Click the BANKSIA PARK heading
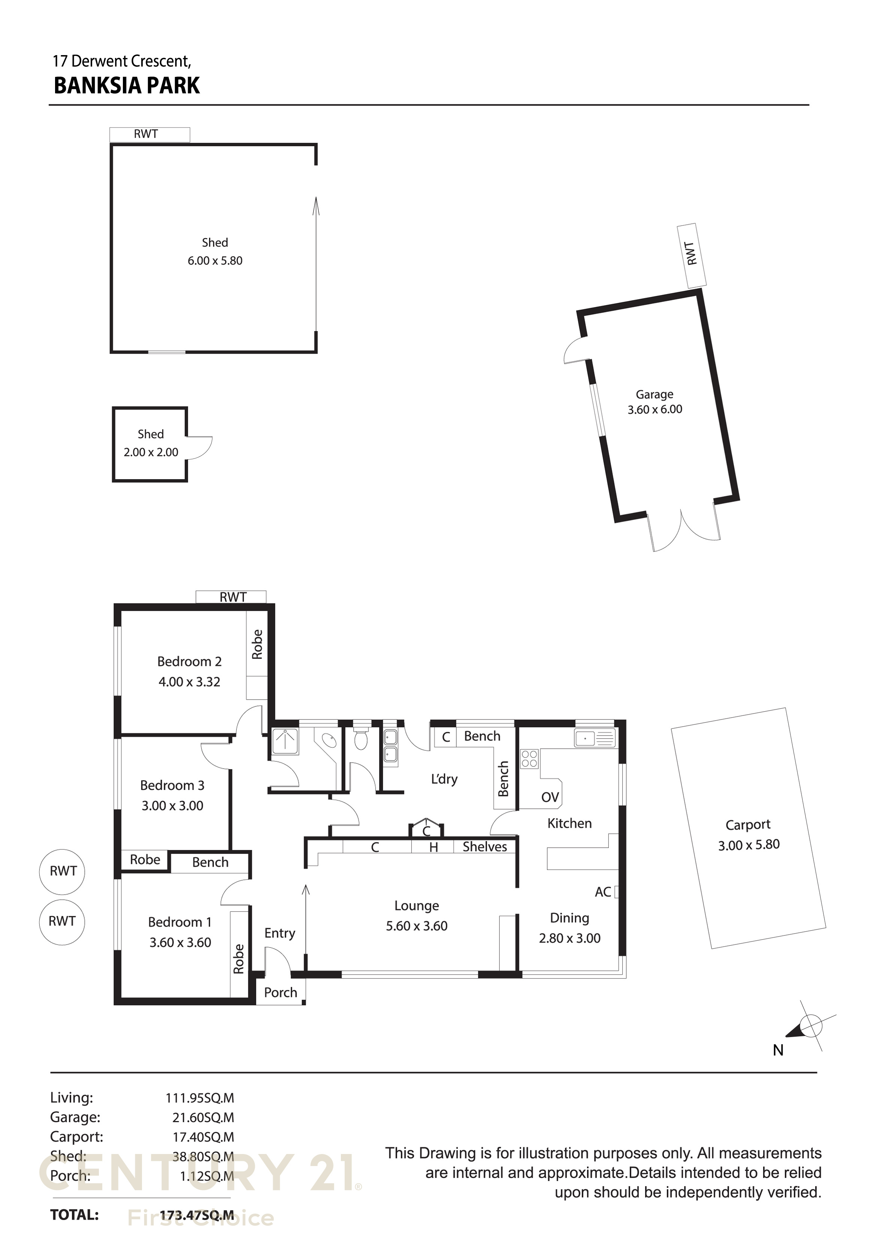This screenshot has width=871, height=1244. [127, 85]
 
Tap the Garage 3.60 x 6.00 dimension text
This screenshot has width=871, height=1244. [654, 410]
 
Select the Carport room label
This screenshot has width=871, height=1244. [748, 824]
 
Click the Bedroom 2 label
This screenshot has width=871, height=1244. [190, 661]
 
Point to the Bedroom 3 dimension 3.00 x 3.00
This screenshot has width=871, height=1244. [172, 806]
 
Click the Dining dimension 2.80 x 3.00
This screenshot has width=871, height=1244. [569, 938]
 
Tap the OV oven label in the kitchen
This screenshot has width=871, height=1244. [550, 797]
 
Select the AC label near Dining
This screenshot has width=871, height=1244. [603, 892]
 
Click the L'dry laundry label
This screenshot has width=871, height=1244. [444, 779]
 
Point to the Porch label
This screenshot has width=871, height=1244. [281, 992]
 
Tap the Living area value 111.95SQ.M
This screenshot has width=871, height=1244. [200, 1098]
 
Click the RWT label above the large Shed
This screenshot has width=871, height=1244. [146, 134]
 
